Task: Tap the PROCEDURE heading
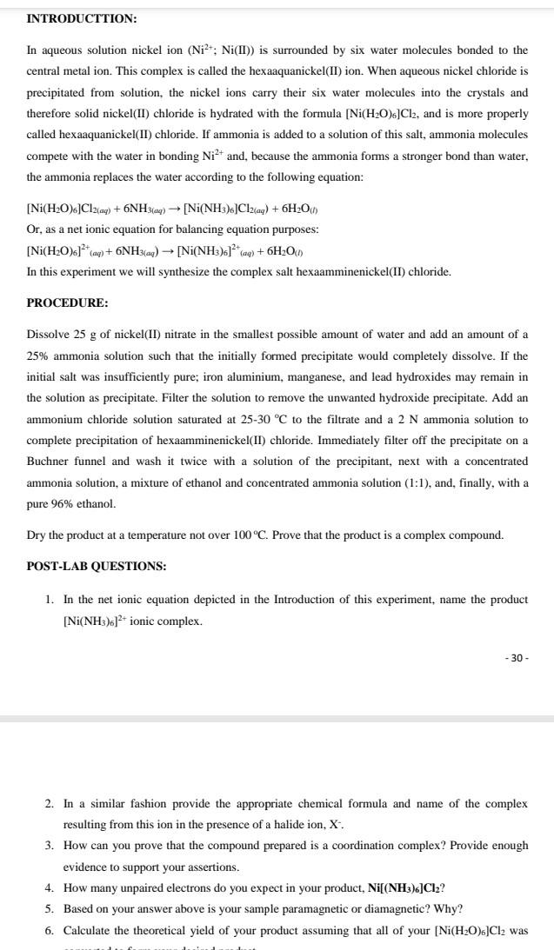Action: click(68, 303)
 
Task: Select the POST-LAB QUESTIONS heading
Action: click(97, 566)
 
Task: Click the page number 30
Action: click(515, 658)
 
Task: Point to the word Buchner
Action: click(50, 461)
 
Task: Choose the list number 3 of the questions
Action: click(50, 845)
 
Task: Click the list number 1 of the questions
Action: click(50, 600)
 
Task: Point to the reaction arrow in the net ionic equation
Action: click(164, 250)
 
